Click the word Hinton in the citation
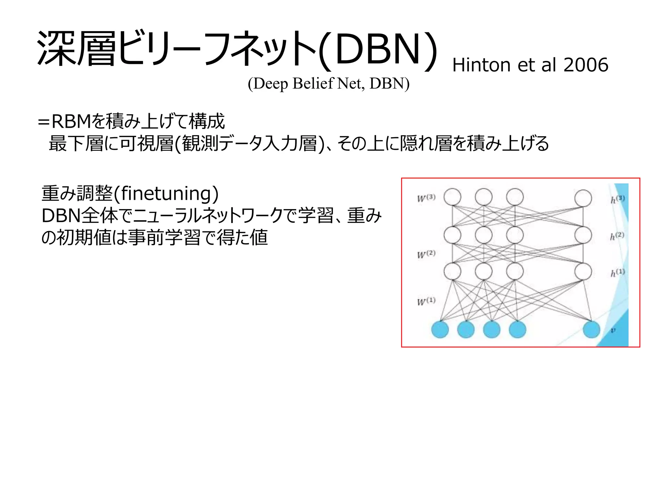(x=482, y=65)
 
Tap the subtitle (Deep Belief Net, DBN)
(x=328, y=84)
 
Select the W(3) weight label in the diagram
(x=426, y=198)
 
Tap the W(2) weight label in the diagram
(x=426, y=254)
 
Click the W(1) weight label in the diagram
(x=426, y=301)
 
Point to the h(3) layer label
(x=617, y=199)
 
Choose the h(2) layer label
(x=617, y=236)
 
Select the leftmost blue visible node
(x=440, y=329)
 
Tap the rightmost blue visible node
(x=591, y=329)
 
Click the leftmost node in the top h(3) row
(x=452, y=197)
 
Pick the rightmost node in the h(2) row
(x=583, y=235)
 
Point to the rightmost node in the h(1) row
(x=583, y=272)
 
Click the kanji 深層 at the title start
(x=76, y=49)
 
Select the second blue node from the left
(x=466, y=329)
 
